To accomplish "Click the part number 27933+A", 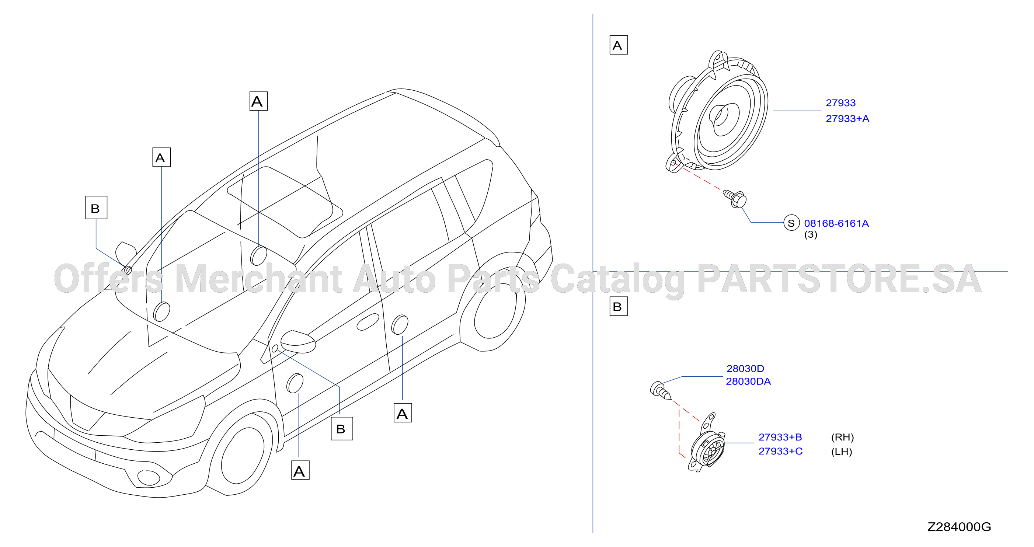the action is (847, 119).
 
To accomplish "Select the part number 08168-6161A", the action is (836, 223).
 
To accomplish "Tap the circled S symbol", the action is (791, 223).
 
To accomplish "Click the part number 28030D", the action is (745, 368).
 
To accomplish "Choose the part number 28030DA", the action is (749, 381).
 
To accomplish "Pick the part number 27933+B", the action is (780, 437).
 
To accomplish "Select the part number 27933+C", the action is (781, 452).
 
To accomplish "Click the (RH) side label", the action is (843, 437).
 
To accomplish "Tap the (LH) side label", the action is (842, 452).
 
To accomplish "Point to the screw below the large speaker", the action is (735, 199).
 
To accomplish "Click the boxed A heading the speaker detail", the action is (619, 45).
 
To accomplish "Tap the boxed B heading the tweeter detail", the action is (619, 306).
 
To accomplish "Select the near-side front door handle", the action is (368, 322).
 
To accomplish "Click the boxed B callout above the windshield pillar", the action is (96, 208).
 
